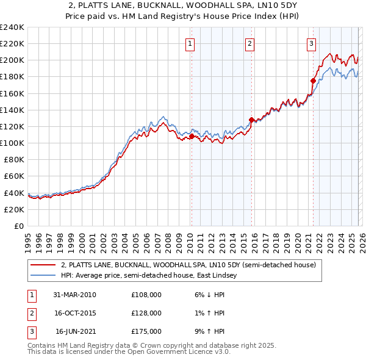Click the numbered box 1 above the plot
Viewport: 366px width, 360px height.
[x=190, y=43]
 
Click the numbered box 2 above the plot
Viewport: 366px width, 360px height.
[x=250, y=43]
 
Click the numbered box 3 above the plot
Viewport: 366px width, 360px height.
[x=311, y=43]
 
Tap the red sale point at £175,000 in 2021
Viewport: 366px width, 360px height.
[x=313, y=81]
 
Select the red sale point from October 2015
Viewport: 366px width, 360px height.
[x=251, y=120]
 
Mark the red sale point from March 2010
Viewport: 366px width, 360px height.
[x=191, y=136]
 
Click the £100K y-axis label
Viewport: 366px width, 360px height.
[x=12, y=143]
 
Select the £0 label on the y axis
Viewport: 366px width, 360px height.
[x=18, y=226]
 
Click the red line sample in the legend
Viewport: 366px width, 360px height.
[x=43, y=265]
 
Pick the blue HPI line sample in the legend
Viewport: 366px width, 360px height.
[x=43, y=276]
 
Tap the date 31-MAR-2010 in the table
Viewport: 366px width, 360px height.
[x=74, y=295]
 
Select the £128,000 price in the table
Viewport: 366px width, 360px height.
[x=146, y=313]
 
